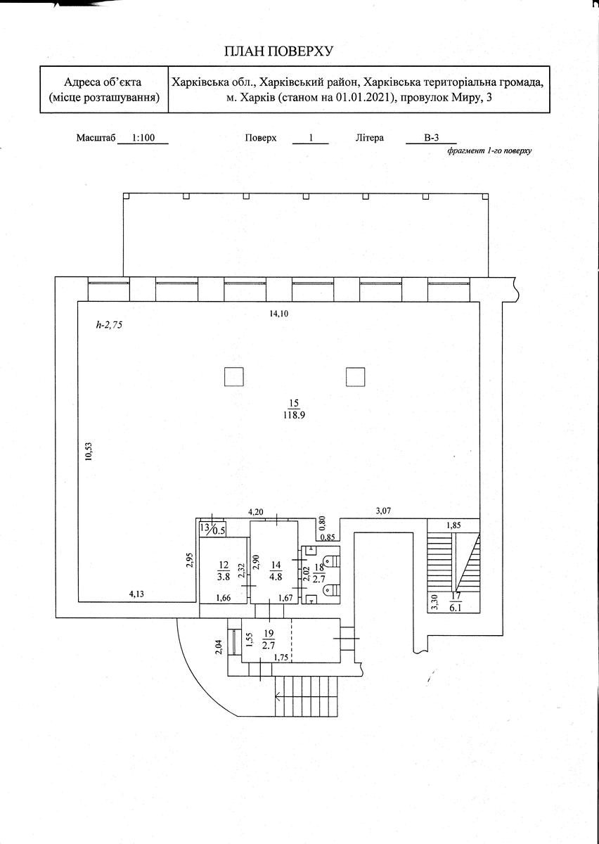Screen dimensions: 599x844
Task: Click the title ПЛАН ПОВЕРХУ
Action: pyautogui.click(x=279, y=51)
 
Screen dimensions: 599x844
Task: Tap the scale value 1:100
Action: pyautogui.click(x=143, y=138)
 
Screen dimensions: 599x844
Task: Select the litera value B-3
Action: pyautogui.click(x=432, y=138)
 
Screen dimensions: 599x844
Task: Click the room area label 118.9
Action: pyautogui.click(x=294, y=415)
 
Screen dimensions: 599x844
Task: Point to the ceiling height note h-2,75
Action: pyautogui.click(x=109, y=325)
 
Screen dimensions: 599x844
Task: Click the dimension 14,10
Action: pyautogui.click(x=279, y=314)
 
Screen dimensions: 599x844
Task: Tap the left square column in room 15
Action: pyautogui.click(x=233, y=377)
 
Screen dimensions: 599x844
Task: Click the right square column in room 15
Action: pyautogui.click(x=355, y=377)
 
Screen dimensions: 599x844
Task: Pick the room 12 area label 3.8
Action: pyautogui.click(x=224, y=577)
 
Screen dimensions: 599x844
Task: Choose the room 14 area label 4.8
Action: pyautogui.click(x=276, y=577)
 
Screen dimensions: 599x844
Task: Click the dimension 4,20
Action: pyautogui.click(x=256, y=512)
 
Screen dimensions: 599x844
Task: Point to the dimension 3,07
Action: pyautogui.click(x=383, y=511)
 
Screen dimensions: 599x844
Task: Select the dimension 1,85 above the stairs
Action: pyautogui.click(x=453, y=525)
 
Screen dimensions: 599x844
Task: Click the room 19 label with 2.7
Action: pyautogui.click(x=269, y=639)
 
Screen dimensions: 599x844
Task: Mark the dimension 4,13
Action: pyautogui.click(x=136, y=594)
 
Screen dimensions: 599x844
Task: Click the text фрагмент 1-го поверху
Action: pyautogui.click(x=489, y=151)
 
